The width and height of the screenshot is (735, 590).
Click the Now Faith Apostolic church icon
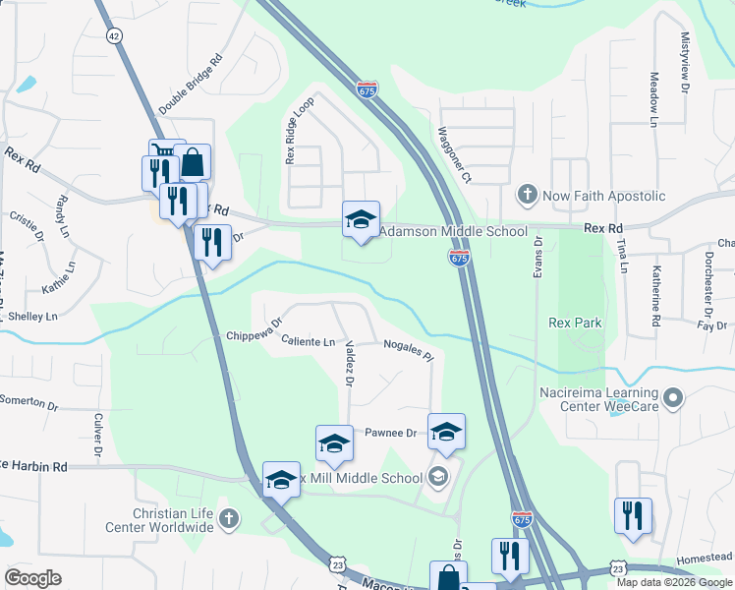[x=528, y=195]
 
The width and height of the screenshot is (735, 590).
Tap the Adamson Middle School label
[x=453, y=232]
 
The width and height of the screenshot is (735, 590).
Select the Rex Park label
[x=575, y=323]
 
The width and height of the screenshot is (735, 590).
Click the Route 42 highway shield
[x=115, y=36]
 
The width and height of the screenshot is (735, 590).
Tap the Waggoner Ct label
[x=454, y=156]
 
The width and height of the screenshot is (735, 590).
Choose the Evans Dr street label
[x=538, y=256]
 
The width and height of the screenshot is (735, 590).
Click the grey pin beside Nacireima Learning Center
[x=673, y=398]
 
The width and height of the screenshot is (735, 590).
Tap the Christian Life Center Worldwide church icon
[x=228, y=518]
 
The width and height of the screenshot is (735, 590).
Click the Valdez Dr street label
[x=349, y=363]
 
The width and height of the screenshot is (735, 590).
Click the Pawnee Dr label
[x=391, y=433]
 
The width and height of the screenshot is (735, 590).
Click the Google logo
[x=32, y=578]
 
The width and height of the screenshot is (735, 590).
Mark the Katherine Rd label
[x=654, y=296]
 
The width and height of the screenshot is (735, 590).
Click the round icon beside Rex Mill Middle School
[x=438, y=479]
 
